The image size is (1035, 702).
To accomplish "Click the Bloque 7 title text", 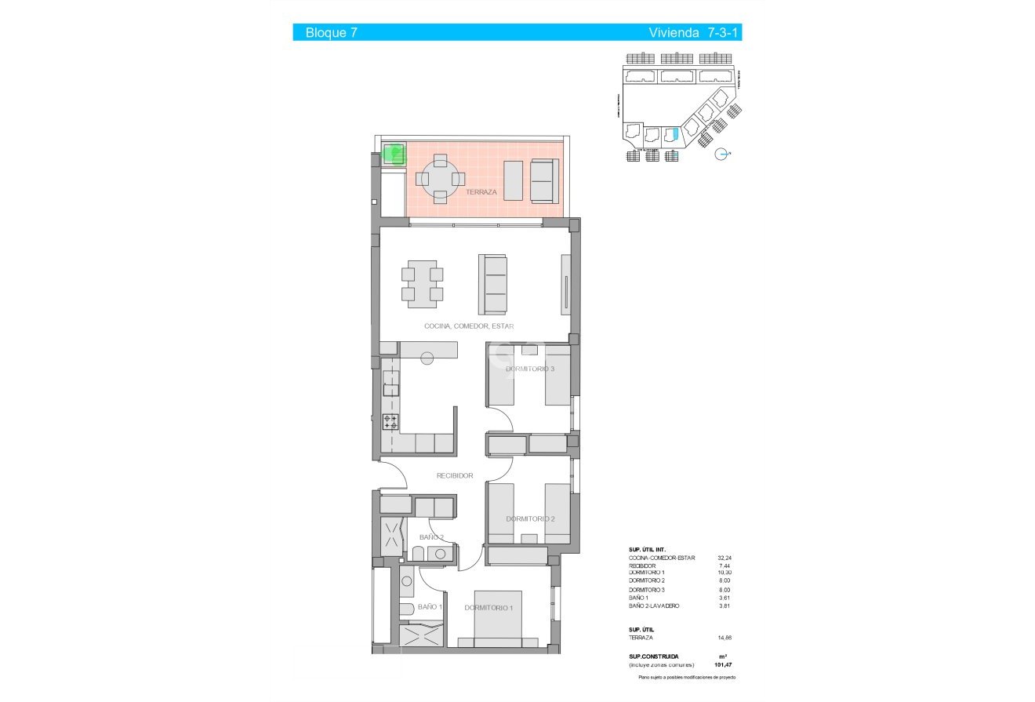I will pyautogui.click(x=326, y=33).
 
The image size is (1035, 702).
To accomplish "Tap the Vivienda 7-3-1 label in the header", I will pyautogui.click(x=694, y=33).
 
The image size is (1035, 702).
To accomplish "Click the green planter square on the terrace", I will pyautogui.click(x=394, y=154).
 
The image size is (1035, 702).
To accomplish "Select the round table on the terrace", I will pyautogui.click(x=440, y=179).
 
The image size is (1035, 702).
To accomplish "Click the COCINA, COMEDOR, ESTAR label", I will pyautogui.click(x=469, y=326).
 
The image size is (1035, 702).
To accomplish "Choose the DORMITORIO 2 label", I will pyautogui.click(x=530, y=518).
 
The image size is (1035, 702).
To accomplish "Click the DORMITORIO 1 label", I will pyautogui.click(x=488, y=608).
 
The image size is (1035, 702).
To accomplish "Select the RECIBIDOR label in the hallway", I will pyautogui.click(x=455, y=475).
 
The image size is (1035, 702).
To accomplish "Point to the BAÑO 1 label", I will pyautogui.click(x=430, y=607).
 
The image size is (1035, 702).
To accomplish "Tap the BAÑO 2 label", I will pyautogui.click(x=431, y=537).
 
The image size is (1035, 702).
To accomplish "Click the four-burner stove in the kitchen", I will pyautogui.click(x=390, y=421).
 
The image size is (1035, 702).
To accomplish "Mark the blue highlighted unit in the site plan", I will pyautogui.click(x=670, y=135).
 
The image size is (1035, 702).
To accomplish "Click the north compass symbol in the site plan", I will pyautogui.click(x=723, y=155).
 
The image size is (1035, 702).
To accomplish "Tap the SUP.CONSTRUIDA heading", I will pyautogui.click(x=654, y=657).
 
